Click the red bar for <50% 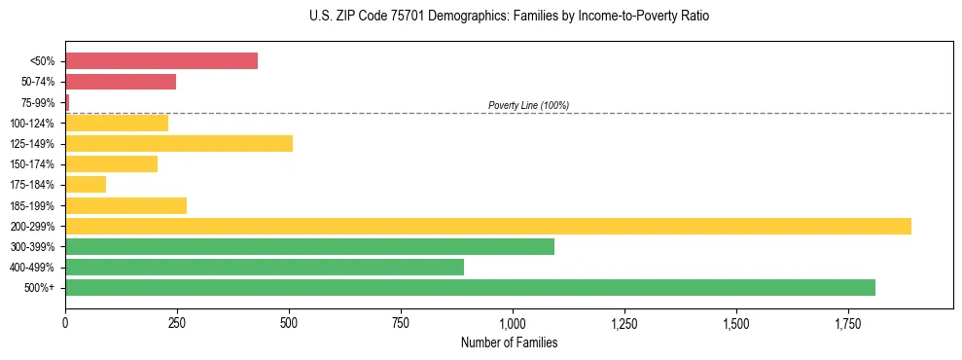pos(161,61)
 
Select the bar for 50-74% pos(121,82)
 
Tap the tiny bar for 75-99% pos(67,102)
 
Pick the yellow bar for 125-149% pos(179,144)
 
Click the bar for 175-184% pos(86,185)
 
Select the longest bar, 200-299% pos(488,226)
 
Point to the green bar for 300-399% pos(309,247)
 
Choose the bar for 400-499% pos(265,268)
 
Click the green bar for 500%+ pos(470,288)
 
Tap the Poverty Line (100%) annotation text pos(528,105)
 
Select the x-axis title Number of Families pos(509,342)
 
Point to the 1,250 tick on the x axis pos(624,323)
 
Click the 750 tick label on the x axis pos(401,323)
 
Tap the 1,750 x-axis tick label pos(848,323)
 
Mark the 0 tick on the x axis pos(65,323)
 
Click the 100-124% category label pos(32,124)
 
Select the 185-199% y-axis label pos(32,206)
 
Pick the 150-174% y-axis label pos(32,164)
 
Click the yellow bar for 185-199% pos(125,205)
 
